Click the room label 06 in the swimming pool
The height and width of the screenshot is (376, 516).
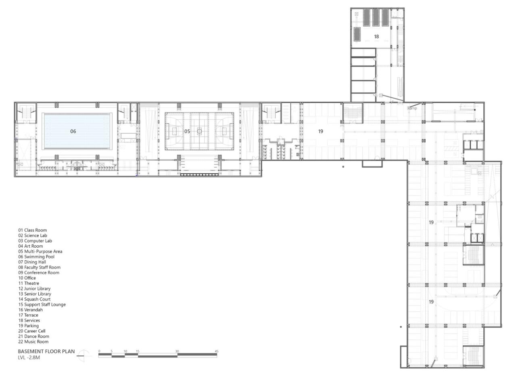(73, 131)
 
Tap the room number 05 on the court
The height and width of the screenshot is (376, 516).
(187, 131)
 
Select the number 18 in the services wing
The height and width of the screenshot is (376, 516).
(376, 36)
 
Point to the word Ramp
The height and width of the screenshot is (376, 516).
(412, 108)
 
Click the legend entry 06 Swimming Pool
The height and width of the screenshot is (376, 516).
(36, 257)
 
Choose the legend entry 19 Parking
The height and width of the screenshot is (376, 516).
(28, 326)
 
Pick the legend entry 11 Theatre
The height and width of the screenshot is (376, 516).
(29, 283)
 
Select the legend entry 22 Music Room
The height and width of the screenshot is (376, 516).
(33, 342)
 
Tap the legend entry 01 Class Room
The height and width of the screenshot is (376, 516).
(32, 230)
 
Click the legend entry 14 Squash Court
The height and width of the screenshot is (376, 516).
(34, 299)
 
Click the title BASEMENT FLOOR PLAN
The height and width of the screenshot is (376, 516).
(46, 351)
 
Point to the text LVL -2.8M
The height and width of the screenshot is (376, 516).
(29, 357)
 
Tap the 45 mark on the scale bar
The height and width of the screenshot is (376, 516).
(216, 351)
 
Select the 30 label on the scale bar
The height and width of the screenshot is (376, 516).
(177, 351)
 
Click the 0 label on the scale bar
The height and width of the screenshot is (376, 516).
(99, 351)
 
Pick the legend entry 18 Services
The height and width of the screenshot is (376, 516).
(29, 320)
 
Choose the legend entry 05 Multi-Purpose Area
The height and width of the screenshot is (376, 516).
(40, 251)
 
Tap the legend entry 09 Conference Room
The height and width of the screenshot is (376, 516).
(38, 273)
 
